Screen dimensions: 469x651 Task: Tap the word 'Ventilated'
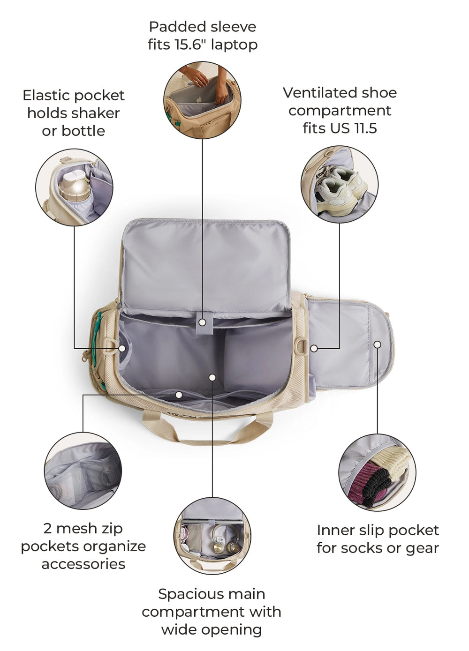coord(321,93)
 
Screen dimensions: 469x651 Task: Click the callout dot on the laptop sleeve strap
coord(203,322)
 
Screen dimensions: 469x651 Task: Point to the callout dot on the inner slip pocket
coord(378,344)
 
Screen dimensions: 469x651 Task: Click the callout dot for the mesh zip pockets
coord(179,395)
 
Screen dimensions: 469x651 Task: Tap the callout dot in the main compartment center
coord(212,377)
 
